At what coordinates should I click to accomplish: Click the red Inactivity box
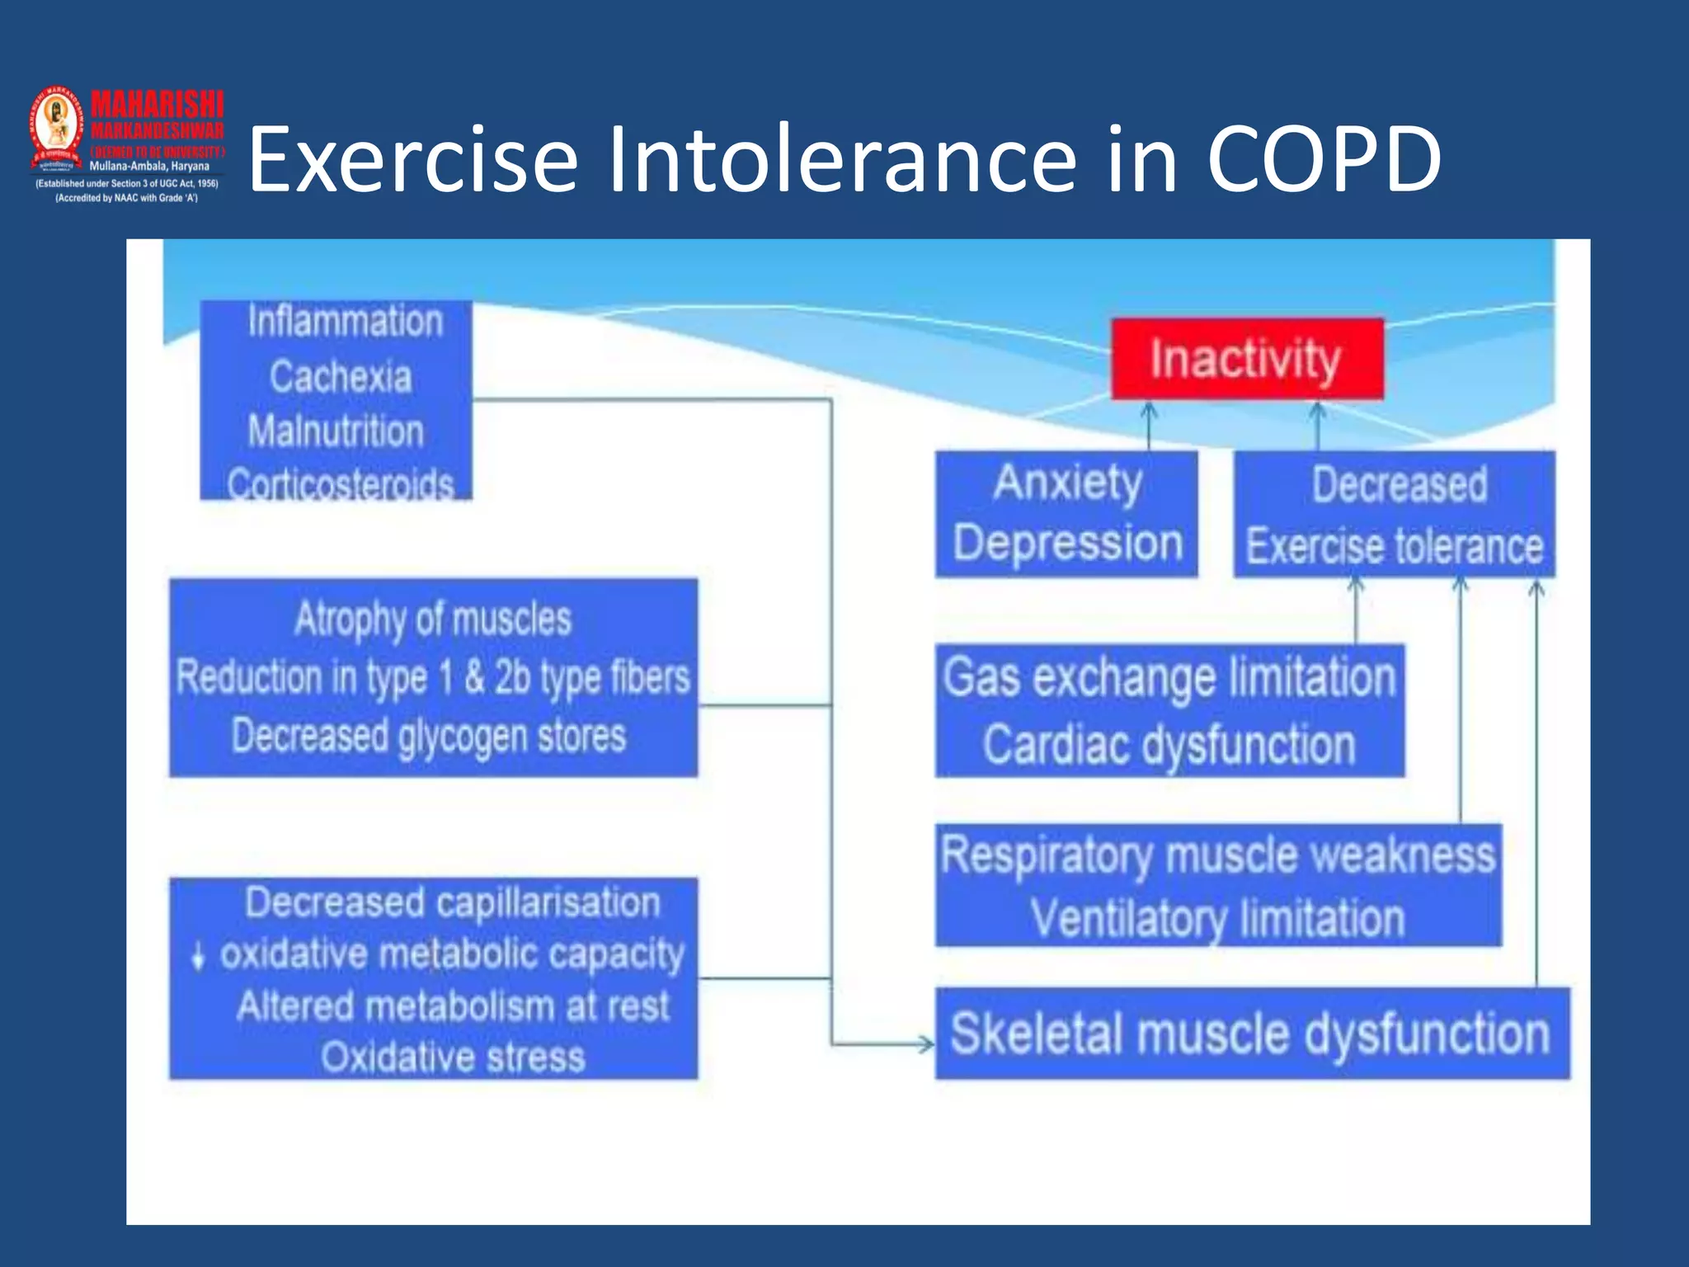1246,359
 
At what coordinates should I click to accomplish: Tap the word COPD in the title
1324,158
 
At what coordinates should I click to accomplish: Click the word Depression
1067,544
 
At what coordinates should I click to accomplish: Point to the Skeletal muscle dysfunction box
1251,1034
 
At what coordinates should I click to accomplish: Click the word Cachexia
340,377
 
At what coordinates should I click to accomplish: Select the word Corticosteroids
340,484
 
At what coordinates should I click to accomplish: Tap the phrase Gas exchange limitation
1169,677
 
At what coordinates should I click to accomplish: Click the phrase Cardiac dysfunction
1169,745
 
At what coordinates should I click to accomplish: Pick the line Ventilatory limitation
1217,918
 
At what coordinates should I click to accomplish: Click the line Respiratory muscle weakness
1217,855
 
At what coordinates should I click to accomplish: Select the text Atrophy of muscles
433,619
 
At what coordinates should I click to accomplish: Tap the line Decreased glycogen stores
429,736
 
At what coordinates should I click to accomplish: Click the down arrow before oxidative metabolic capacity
197,955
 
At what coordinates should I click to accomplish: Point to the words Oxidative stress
453,1057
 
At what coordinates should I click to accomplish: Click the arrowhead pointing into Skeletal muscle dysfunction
927,1044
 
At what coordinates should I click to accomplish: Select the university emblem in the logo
57,125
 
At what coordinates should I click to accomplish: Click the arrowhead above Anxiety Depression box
1149,409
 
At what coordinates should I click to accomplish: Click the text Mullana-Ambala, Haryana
149,166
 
